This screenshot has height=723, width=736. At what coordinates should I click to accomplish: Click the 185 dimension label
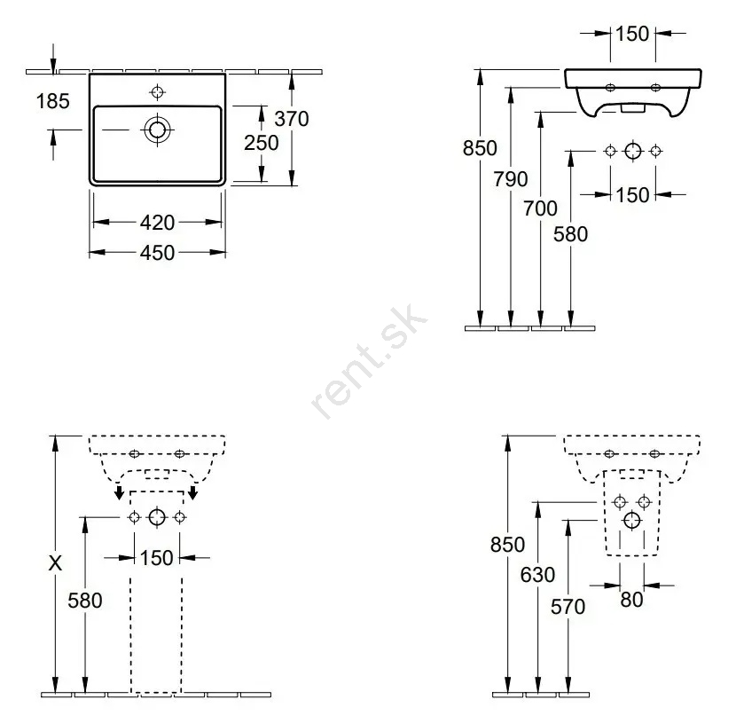click(x=53, y=101)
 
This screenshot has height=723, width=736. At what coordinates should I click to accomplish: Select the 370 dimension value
click(x=292, y=119)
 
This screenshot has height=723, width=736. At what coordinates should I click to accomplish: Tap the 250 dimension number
click(x=262, y=143)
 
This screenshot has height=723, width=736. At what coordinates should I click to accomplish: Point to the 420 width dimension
click(x=157, y=222)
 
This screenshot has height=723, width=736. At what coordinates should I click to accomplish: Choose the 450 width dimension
click(x=157, y=253)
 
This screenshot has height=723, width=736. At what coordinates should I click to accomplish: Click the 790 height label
click(x=511, y=179)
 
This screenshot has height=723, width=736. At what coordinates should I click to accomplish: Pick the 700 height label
click(x=541, y=208)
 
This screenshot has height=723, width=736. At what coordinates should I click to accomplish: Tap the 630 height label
click(x=538, y=575)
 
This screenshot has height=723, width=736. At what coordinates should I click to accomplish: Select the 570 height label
click(x=568, y=607)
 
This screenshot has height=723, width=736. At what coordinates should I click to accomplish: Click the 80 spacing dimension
click(x=631, y=600)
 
